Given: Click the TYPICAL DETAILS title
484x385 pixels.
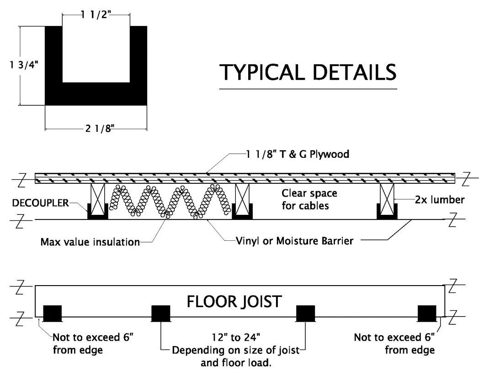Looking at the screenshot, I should (308, 73).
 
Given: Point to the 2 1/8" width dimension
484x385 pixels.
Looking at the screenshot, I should (99, 129).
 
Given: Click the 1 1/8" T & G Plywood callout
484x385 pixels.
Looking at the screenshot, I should (297, 154).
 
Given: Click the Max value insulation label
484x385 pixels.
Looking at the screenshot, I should (90, 242).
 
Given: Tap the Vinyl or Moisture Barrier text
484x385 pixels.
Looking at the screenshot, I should (295, 240).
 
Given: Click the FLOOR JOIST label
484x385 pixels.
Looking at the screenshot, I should (234, 302).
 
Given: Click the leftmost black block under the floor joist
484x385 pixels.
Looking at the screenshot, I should (52, 313).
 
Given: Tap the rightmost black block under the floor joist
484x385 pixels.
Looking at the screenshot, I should (427, 313).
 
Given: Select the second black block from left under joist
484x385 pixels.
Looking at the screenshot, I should (160, 313).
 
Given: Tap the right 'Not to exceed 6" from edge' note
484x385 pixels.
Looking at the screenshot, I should (394, 343).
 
